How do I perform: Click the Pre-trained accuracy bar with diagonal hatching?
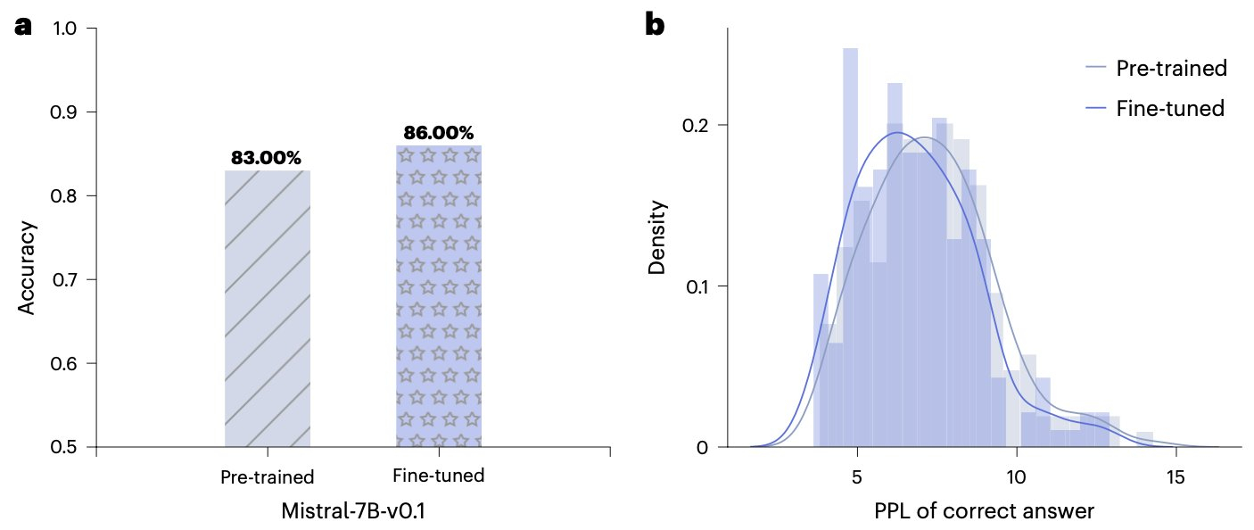(x=267, y=308)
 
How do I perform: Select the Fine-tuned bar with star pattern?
(x=438, y=294)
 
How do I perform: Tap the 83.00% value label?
(x=266, y=158)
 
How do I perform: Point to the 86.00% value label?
(x=438, y=133)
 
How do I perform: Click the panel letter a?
(x=23, y=27)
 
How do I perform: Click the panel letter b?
(x=655, y=27)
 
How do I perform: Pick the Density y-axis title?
(x=657, y=236)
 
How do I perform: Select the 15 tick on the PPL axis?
(x=1176, y=475)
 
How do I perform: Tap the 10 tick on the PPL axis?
(x=1016, y=475)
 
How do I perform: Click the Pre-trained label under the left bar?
(x=268, y=476)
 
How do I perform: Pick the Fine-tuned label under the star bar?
(x=438, y=475)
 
